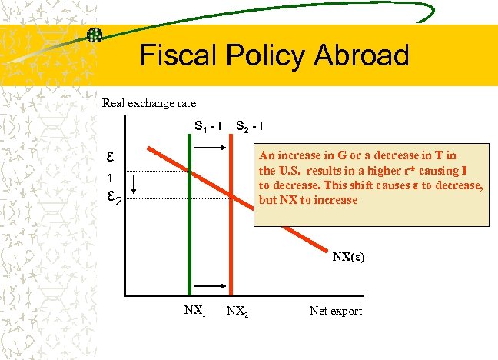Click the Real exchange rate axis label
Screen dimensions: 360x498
click(x=149, y=102)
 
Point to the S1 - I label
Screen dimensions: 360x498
click(x=207, y=125)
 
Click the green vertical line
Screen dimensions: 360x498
click(x=188, y=231)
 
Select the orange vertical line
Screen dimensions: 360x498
click(x=231, y=246)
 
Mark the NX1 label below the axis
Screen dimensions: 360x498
click(x=193, y=311)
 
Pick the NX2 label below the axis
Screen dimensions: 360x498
click(x=236, y=312)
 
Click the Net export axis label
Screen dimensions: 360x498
click(x=335, y=311)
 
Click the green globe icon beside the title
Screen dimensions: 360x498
click(x=95, y=35)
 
